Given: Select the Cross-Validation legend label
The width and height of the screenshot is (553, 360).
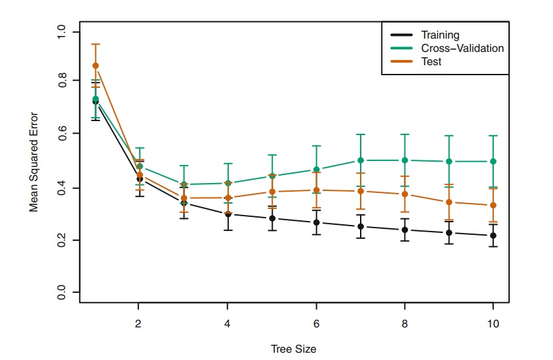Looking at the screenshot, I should pyautogui.click(x=462, y=48).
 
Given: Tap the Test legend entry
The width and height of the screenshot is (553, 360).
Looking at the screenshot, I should pyautogui.click(x=431, y=61).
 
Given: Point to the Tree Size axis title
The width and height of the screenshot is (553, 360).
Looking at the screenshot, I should pyautogui.click(x=293, y=349).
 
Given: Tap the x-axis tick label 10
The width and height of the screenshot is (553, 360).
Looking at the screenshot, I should pyautogui.click(x=493, y=324).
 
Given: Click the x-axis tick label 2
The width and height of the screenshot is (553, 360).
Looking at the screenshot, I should pyautogui.click(x=138, y=324).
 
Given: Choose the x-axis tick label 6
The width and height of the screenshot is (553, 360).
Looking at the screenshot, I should pyautogui.click(x=316, y=324).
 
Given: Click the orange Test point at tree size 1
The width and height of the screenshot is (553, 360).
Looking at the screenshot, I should pyautogui.click(x=95, y=65).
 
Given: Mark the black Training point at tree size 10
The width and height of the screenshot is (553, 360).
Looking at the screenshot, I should pyautogui.click(x=493, y=236).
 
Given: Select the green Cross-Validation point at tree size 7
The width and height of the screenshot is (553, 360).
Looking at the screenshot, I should pyautogui.click(x=361, y=160).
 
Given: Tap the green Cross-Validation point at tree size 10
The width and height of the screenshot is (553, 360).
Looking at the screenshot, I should pyautogui.click(x=493, y=161).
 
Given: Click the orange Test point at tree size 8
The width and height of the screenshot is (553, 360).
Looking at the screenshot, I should pyautogui.click(x=405, y=194).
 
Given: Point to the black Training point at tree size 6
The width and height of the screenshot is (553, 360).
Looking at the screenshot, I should pyautogui.click(x=316, y=222).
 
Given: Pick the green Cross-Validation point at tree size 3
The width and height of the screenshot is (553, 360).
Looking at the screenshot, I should pyautogui.click(x=184, y=184).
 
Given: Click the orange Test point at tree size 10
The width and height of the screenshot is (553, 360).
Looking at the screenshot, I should pyautogui.click(x=493, y=206).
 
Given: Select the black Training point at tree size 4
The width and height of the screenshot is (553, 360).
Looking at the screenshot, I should pyautogui.click(x=228, y=214).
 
